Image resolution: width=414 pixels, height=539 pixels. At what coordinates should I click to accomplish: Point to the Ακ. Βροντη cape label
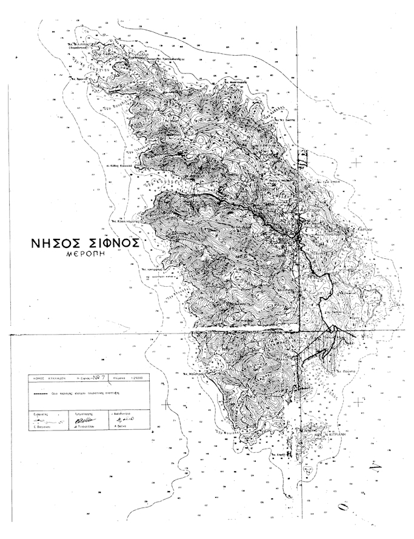click(x=75, y=78)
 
